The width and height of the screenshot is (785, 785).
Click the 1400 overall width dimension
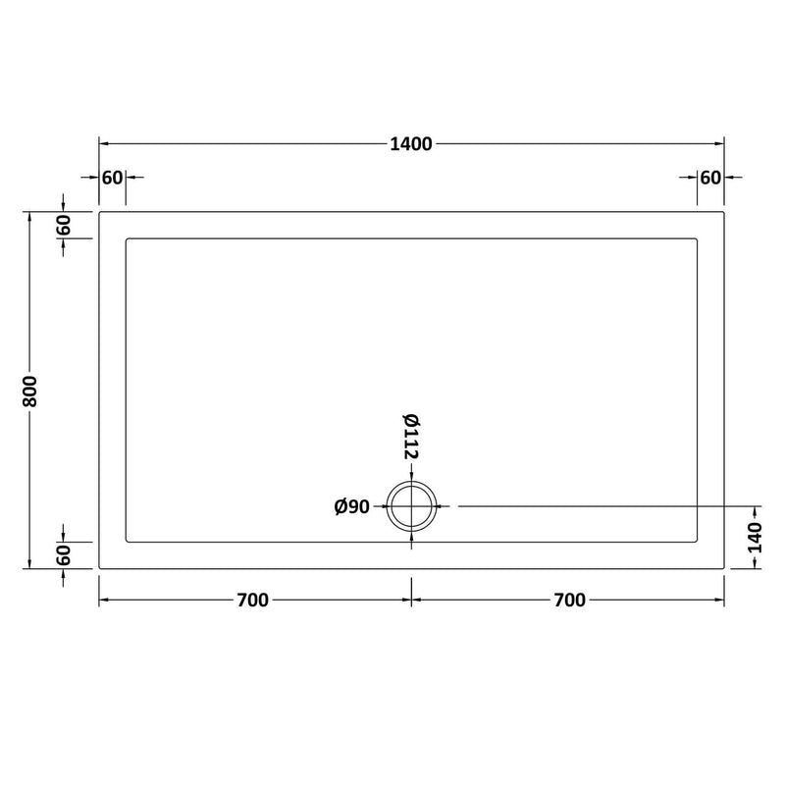pyautogui.click(x=410, y=144)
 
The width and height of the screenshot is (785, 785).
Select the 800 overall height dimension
pyautogui.click(x=30, y=391)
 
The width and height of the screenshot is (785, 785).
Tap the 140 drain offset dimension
pyautogui.click(x=755, y=538)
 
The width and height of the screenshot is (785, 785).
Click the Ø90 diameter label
pyautogui.click(x=351, y=506)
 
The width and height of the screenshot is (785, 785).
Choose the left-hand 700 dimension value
pyautogui.click(x=252, y=601)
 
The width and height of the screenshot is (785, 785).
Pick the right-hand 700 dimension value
pyautogui.click(x=568, y=601)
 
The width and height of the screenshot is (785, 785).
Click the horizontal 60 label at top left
pyautogui.click(x=112, y=178)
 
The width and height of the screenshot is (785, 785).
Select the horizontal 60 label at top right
pyautogui.click(x=709, y=178)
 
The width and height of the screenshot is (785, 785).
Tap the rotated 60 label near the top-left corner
pyautogui.click(x=64, y=225)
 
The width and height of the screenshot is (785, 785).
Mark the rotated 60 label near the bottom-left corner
pyautogui.click(x=64, y=555)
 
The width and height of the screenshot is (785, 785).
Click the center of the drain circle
pyautogui.click(x=410, y=506)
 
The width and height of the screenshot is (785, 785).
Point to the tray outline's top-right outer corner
pyautogui.click(x=723, y=211)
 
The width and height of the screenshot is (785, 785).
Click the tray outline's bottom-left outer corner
pyautogui.click(x=99, y=569)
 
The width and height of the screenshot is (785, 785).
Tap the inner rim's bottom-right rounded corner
pyautogui.click(x=695, y=540)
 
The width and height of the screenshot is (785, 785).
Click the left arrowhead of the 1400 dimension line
pyautogui.click(x=103, y=144)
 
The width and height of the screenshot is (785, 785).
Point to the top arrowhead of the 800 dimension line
pyautogui.click(x=30, y=215)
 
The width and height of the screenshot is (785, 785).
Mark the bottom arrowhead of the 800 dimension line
pyautogui.click(x=30, y=565)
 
